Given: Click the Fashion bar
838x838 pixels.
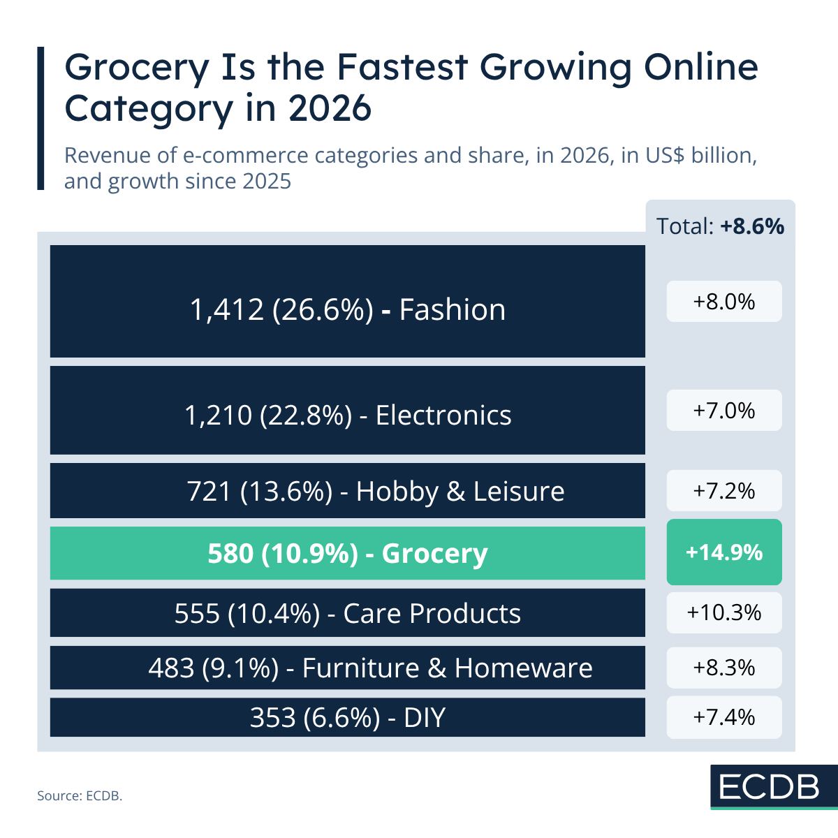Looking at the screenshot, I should (x=347, y=302).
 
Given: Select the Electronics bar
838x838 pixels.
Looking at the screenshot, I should (x=347, y=411).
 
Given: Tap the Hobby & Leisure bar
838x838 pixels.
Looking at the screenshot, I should (x=347, y=490).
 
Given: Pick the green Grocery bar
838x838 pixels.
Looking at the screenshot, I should (x=347, y=553).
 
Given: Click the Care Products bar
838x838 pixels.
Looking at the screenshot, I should (x=347, y=613).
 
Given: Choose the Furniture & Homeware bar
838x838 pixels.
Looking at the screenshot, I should (x=347, y=668).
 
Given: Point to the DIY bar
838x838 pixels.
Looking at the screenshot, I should (x=347, y=717).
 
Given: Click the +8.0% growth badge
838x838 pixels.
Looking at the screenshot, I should (x=724, y=302).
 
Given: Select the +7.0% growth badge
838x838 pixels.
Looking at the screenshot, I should (x=724, y=411).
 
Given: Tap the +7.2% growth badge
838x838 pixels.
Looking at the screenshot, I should (x=724, y=491).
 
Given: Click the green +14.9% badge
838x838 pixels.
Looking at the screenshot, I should (x=724, y=552).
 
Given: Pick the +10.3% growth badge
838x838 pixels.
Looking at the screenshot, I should (x=724, y=612).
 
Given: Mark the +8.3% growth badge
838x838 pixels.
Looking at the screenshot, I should (x=724, y=668).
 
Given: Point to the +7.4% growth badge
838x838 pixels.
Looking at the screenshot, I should (x=724, y=717).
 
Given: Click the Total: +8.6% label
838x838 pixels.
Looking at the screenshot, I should (x=720, y=226).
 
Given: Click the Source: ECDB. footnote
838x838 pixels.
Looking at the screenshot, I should (x=80, y=795).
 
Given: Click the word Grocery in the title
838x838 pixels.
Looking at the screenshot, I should (x=137, y=68).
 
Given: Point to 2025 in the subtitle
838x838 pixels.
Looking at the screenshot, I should (x=267, y=182).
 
